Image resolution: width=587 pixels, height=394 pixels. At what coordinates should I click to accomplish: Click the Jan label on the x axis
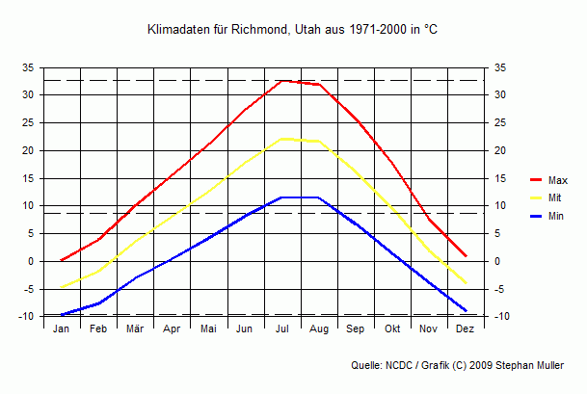click(x=61, y=329)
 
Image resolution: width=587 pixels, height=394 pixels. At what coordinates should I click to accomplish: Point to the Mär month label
click(x=135, y=329)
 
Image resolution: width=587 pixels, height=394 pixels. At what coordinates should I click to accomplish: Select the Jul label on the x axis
click(x=282, y=329)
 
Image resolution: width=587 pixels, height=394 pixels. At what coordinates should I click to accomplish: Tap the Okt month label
click(x=392, y=329)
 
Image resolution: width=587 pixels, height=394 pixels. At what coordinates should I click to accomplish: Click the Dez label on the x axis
click(x=466, y=329)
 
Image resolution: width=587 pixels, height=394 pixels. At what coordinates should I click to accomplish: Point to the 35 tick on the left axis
click(x=28, y=67)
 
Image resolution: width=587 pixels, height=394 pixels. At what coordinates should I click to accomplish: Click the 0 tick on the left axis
click(x=31, y=261)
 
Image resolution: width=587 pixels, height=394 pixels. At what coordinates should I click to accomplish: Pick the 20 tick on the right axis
click(x=498, y=150)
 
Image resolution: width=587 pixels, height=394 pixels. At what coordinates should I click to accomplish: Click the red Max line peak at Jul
click(x=282, y=81)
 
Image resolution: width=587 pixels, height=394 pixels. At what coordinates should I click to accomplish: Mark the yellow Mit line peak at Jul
click(x=282, y=139)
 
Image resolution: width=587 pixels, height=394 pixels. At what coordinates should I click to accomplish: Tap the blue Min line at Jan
click(x=62, y=314)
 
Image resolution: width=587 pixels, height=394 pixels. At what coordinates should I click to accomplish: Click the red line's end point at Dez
click(x=466, y=256)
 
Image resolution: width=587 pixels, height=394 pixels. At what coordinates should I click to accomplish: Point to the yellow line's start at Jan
click(x=62, y=287)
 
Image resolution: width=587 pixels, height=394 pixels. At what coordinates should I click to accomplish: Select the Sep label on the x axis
click(x=356, y=329)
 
